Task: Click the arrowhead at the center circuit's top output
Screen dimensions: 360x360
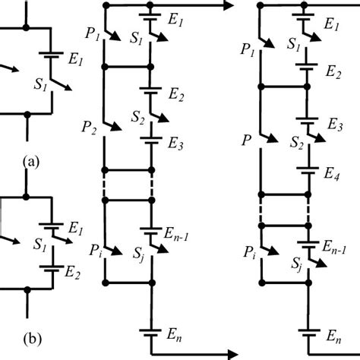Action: point(226,7)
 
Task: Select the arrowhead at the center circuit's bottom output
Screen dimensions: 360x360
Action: point(226,352)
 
